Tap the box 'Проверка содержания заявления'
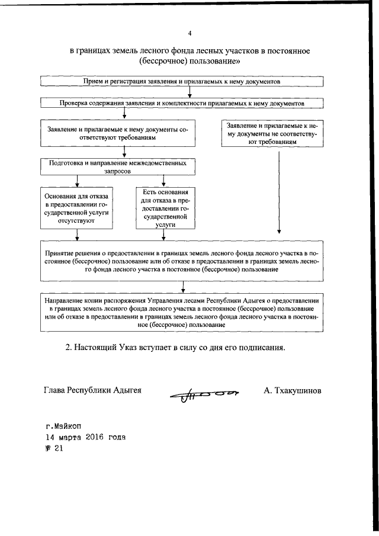pyautogui.click(x=182, y=103)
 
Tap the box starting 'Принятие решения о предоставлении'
pyautogui.click(x=182, y=261)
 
